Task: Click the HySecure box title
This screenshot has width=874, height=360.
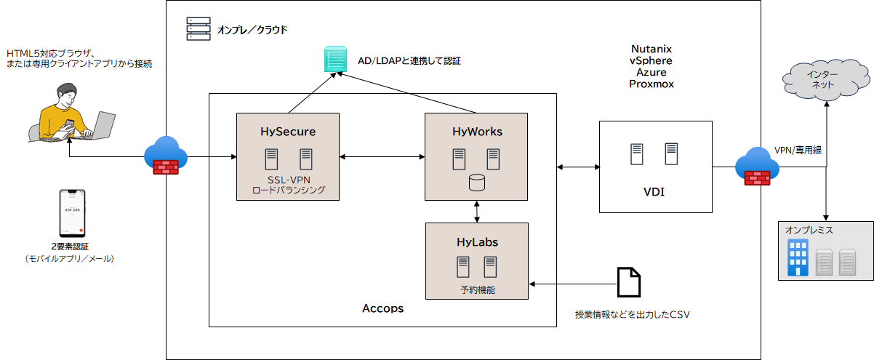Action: (x=288, y=132)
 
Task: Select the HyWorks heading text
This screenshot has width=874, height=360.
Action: (x=476, y=132)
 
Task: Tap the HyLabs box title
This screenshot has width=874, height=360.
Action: (x=476, y=241)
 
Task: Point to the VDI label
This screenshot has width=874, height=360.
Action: (x=654, y=192)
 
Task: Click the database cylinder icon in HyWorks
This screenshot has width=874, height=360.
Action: (x=476, y=183)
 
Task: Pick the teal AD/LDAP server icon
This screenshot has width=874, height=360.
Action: (x=336, y=59)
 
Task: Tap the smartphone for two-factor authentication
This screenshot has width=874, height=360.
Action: (x=70, y=214)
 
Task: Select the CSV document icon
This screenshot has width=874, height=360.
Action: (x=629, y=283)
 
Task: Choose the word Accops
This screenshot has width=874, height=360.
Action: (x=382, y=308)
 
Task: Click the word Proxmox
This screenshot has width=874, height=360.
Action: (x=652, y=84)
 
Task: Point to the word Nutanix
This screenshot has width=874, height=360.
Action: (x=652, y=49)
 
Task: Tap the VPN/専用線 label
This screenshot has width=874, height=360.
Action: (x=798, y=151)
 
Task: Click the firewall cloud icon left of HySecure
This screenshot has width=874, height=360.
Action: (x=167, y=156)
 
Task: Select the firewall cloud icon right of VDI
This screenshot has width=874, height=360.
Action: (x=757, y=167)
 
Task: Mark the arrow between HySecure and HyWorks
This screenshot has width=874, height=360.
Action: (x=382, y=156)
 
